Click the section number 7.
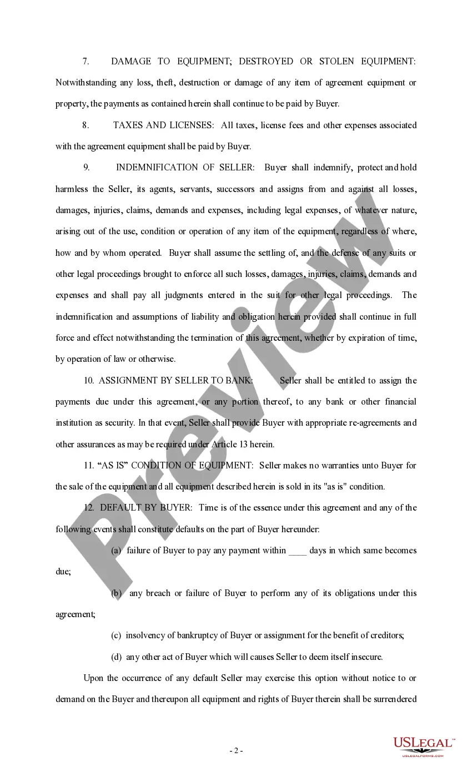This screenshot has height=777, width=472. [86, 62]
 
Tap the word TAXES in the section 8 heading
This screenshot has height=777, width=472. [128, 125]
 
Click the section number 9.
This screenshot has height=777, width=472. [86, 168]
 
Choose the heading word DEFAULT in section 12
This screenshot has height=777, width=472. [118, 508]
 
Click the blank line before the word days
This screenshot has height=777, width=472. [298, 551]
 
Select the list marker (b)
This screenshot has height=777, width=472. [117, 593]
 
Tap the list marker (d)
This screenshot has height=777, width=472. [117, 657]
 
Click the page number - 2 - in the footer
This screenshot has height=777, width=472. [236, 751]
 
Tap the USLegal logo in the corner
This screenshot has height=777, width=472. [424, 746]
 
